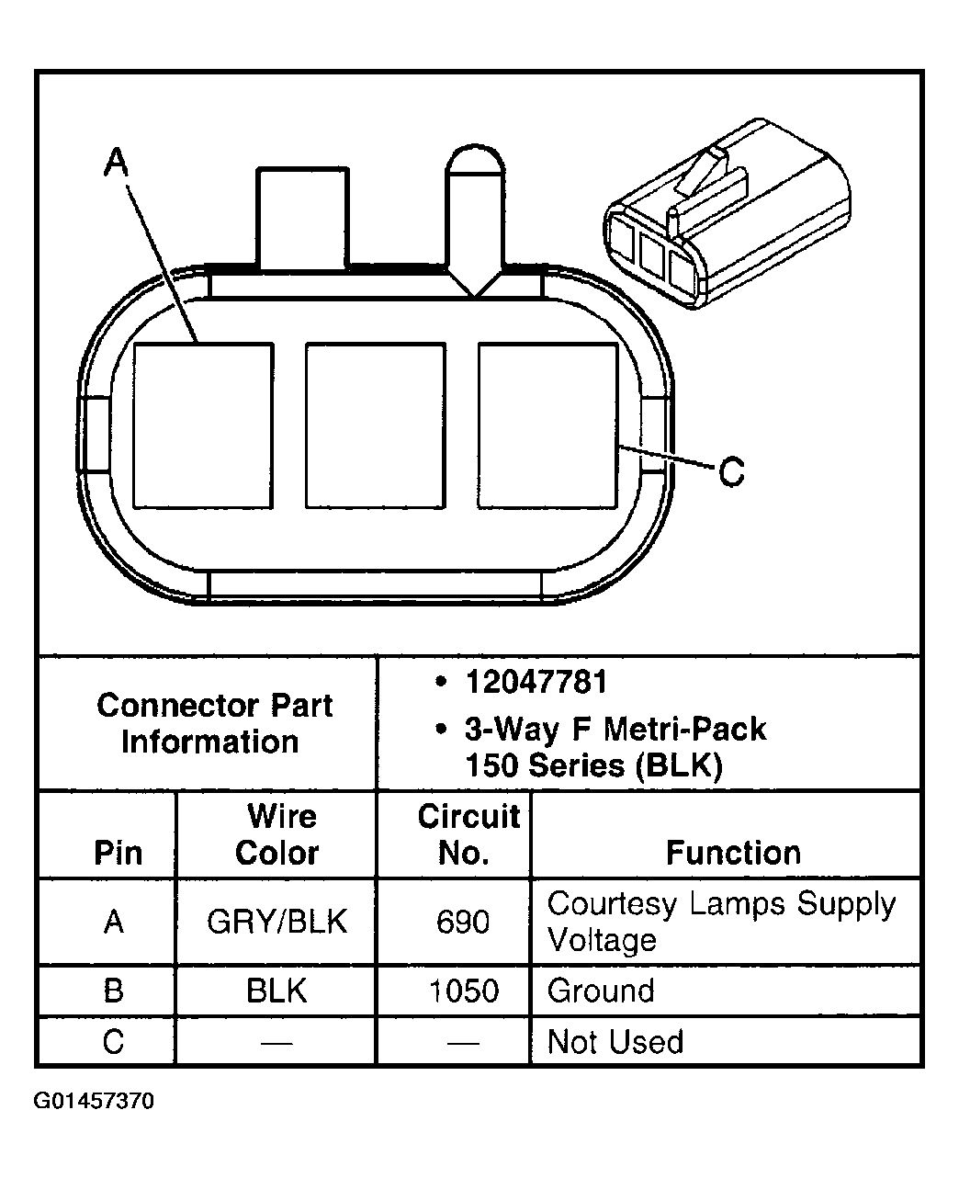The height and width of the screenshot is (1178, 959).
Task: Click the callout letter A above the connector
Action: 117,163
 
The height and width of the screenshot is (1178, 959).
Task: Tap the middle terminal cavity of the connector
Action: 375,425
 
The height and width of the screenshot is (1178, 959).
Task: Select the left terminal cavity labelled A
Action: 203,425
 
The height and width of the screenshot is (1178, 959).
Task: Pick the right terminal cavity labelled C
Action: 547,425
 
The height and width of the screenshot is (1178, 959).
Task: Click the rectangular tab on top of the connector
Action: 303,218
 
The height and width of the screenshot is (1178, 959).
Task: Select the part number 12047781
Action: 536,683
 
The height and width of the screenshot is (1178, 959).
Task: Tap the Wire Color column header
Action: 277,834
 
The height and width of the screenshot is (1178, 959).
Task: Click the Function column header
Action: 733,853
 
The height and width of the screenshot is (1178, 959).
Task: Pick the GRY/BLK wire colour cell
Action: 277,922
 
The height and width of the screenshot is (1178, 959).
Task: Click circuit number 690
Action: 463,922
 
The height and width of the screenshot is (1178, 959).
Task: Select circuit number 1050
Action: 464,991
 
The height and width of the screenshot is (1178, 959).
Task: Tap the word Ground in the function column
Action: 601,991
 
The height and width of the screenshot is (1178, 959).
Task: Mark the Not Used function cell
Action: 615,1042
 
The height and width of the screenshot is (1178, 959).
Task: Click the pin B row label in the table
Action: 114,991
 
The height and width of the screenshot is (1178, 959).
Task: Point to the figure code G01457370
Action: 95,1101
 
